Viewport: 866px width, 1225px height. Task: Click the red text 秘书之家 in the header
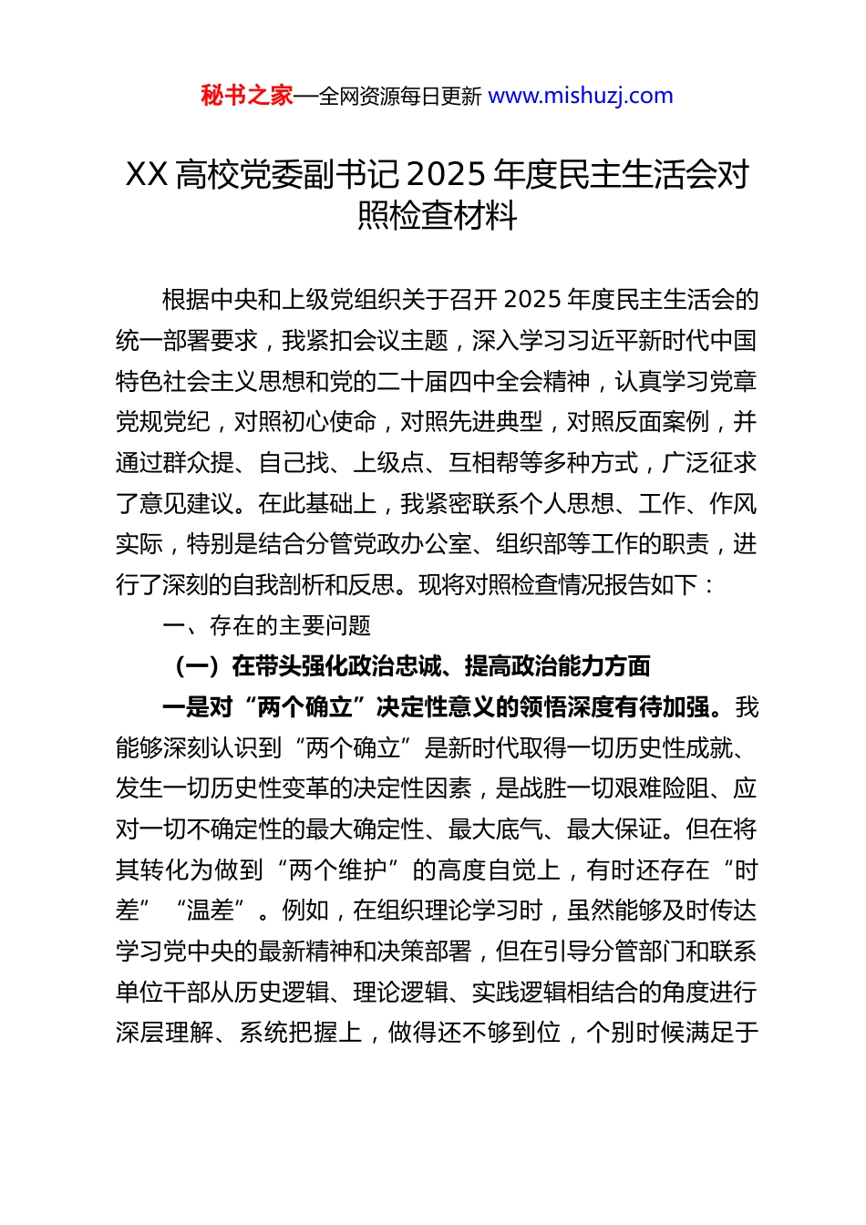point(247,96)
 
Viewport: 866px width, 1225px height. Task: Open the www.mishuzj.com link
point(581,96)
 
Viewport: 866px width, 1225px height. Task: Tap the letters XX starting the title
point(146,174)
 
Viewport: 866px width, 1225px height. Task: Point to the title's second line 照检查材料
point(437,216)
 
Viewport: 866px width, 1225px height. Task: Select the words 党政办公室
point(413,544)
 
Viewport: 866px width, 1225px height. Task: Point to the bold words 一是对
point(197,707)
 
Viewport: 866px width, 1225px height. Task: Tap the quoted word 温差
point(211,911)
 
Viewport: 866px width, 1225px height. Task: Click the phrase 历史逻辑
point(282,993)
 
